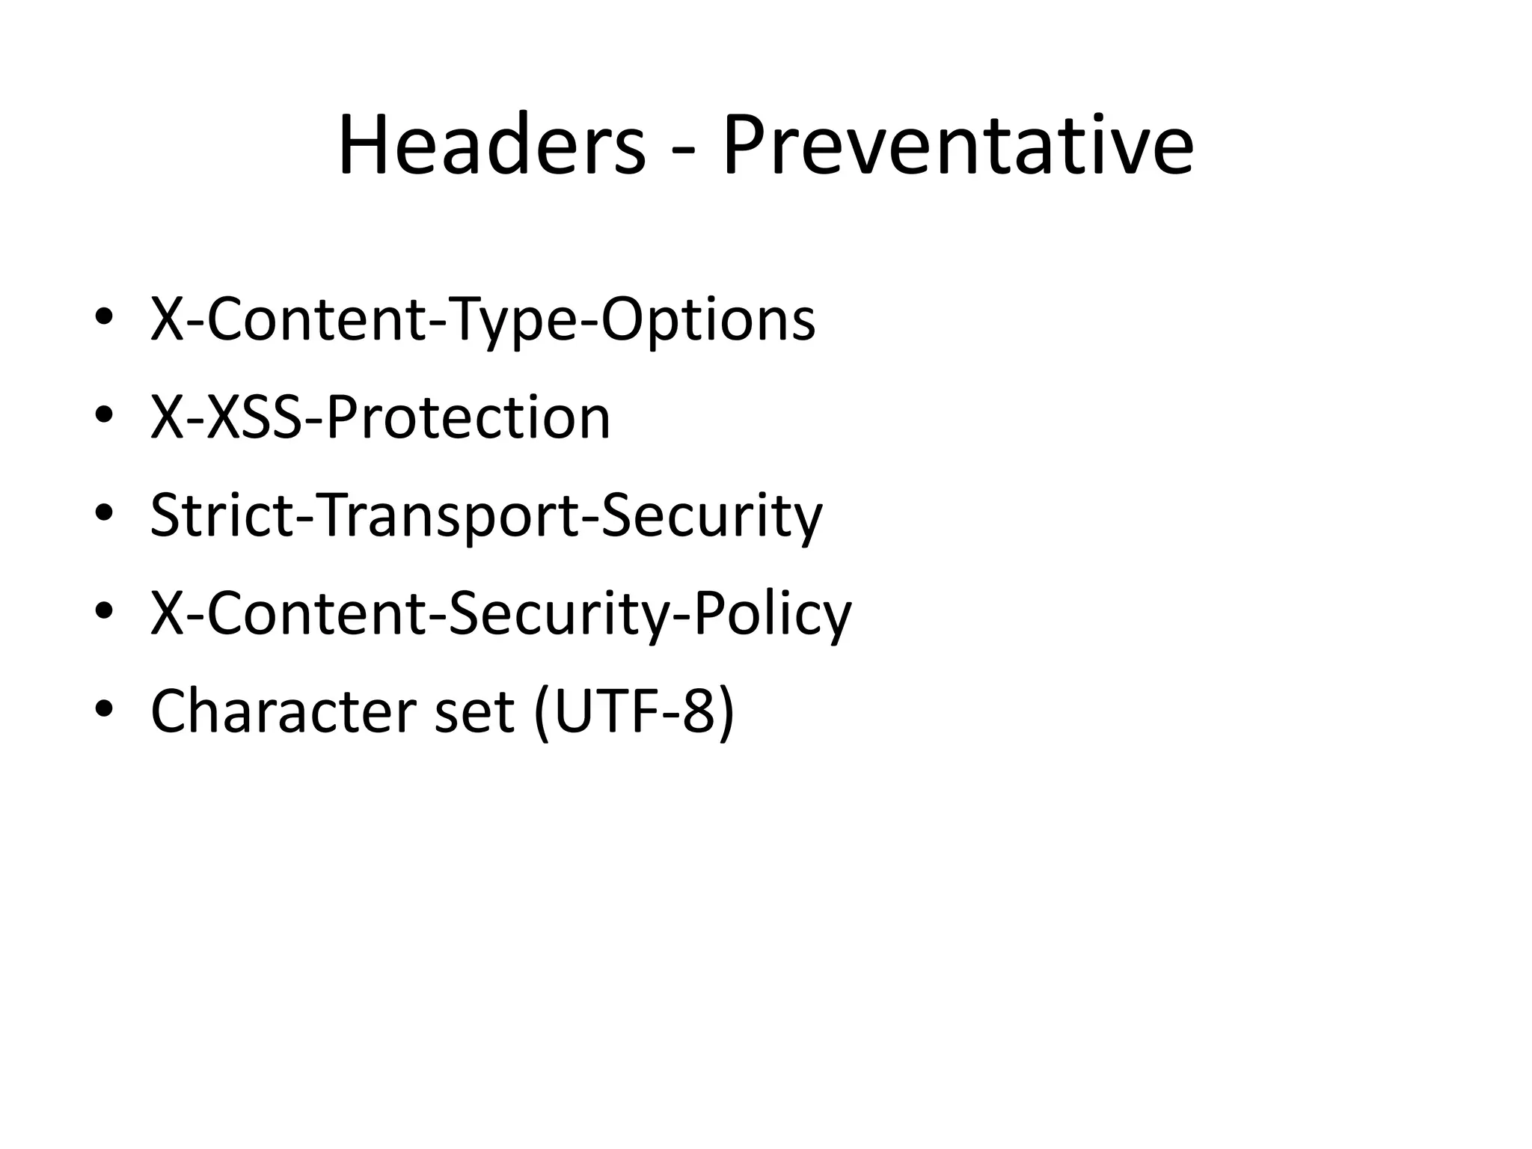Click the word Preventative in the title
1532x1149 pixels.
pos(957,145)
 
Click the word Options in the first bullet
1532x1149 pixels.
pos(708,320)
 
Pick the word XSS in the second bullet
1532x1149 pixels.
pos(255,417)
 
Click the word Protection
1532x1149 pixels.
pos(468,417)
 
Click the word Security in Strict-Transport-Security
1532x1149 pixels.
pos(711,515)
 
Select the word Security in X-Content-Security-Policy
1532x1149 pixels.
pos(557,613)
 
